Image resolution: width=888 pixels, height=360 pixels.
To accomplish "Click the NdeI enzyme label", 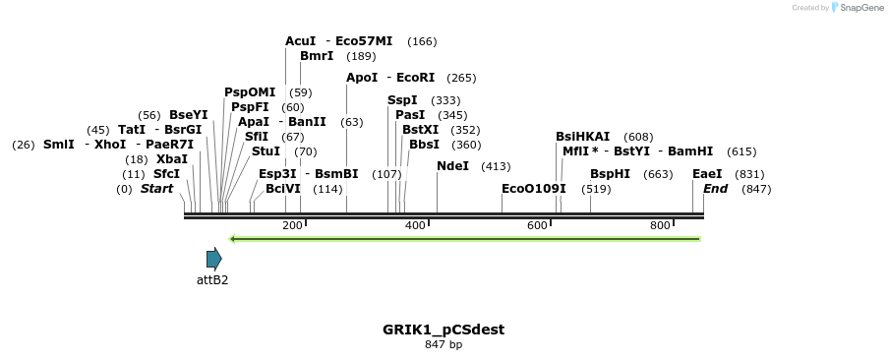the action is tap(452, 166).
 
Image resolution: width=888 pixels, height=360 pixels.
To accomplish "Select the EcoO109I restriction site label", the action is tap(534, 188).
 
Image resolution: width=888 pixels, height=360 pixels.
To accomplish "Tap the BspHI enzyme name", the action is tap(610, 174).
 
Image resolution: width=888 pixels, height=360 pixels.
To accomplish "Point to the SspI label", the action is tap(402, 100).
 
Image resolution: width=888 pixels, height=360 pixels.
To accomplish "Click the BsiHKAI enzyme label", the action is tap(582, 137).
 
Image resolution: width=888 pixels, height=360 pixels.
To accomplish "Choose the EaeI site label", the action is tap(707, 174).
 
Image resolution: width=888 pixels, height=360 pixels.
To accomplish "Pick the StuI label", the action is tap(266, 151).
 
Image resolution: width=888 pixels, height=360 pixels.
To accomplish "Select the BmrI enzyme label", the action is tap(317, 56).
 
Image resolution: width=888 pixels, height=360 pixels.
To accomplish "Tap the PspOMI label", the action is tap(250, 92).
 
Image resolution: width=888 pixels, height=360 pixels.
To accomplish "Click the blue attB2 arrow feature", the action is tap(213, 259).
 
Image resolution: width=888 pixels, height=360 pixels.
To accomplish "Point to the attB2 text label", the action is tap(212, 280).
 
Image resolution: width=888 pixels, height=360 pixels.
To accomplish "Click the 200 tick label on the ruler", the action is tap(292, 226).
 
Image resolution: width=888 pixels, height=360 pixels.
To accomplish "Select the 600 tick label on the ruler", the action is tap(537, 226).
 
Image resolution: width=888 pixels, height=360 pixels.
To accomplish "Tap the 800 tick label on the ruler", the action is tap(660, 226).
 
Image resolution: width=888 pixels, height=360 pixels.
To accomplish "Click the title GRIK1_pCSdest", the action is tap(444, 330).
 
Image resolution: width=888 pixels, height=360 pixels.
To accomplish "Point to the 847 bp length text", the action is tap(444, 345).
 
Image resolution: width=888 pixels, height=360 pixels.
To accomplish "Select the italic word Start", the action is tap(156, 188).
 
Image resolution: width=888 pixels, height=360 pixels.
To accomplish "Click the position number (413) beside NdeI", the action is tap(496, 166).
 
